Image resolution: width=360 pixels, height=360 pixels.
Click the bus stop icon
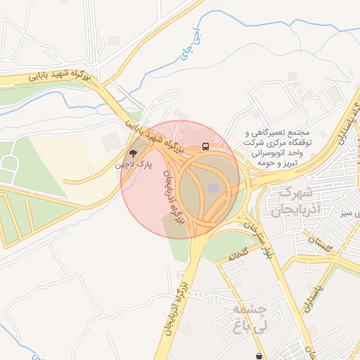coord(205,147)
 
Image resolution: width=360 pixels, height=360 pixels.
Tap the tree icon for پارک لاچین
coord(133,153)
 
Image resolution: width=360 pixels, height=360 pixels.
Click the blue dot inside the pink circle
coord(213,188)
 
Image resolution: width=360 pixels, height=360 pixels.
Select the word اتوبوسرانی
coord(285,153)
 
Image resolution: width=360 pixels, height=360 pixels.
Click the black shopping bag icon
coord(261,356)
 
